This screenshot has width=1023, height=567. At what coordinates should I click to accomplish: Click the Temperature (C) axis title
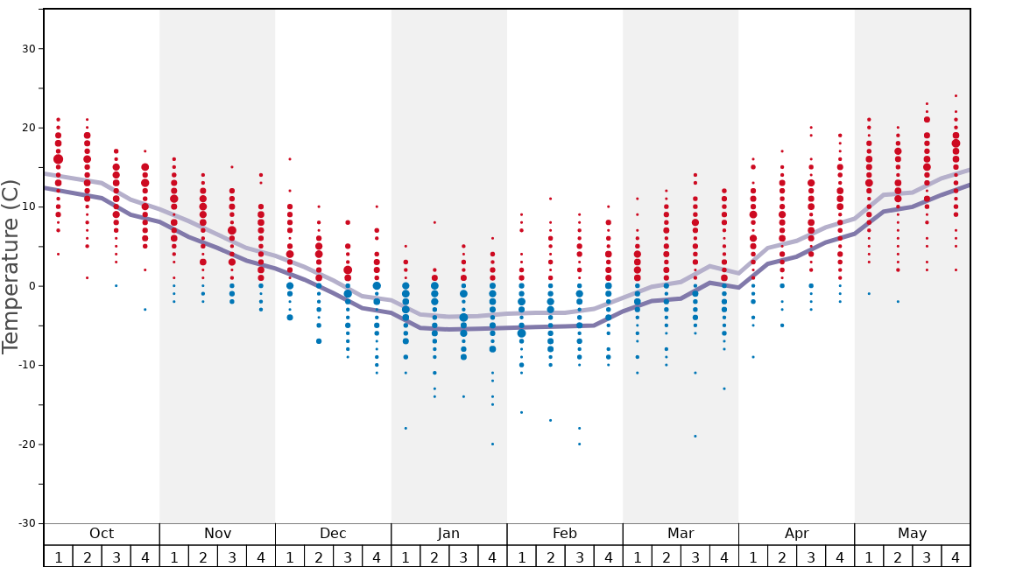click(11, 266)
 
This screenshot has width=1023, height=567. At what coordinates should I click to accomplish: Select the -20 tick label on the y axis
click(26, 444)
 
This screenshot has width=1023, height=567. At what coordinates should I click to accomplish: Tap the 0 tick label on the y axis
click(32, 286)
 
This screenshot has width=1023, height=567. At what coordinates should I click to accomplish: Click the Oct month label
click(102, 534)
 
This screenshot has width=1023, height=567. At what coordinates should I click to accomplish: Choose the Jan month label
click(448, 534)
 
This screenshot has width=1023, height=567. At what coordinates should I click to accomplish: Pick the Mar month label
click(681, 534)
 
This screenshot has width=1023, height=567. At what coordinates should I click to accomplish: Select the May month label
click(912, 534)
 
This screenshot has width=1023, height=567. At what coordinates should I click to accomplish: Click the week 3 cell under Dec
click(348, 556)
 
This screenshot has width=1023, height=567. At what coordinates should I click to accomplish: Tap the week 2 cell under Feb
click(550, 556)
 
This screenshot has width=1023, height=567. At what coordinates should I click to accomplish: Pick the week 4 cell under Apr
click(840, 556)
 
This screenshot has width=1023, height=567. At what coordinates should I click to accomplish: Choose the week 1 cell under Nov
click(174, 556)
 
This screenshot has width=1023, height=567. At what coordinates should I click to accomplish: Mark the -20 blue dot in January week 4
click(492, 444)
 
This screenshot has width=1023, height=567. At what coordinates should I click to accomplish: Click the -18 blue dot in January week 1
click(406, 428)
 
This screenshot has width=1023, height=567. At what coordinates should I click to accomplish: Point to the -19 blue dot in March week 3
click(695, 436)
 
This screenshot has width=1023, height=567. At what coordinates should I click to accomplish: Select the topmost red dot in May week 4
click(956, 96)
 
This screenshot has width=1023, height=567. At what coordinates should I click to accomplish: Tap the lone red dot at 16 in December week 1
click(290, 159)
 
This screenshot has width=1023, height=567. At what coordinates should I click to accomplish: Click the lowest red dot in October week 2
click(87, 278)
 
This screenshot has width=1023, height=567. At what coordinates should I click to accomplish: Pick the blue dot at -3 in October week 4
click(145, 310)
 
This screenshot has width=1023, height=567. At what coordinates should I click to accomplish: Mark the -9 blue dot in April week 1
click(753, 357)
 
